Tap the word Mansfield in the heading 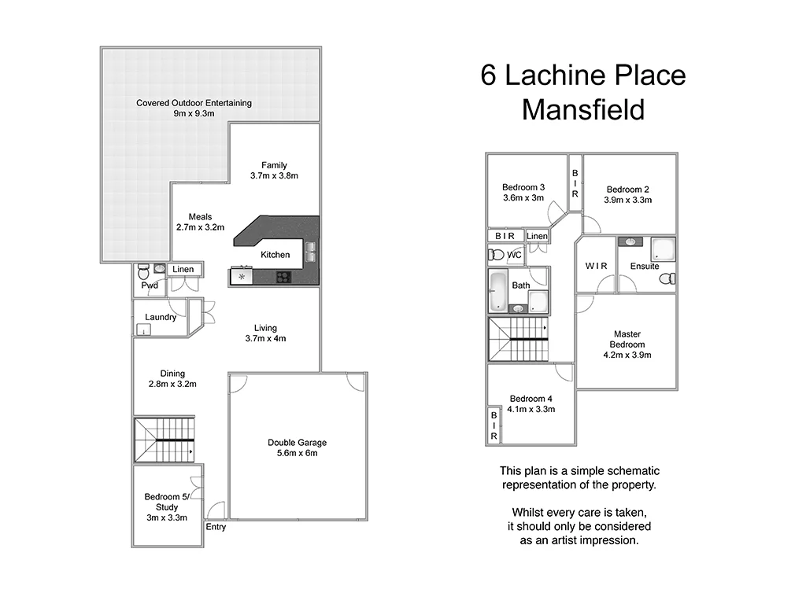coord(582,109)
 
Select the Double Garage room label coord(297,443)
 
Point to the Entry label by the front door coord(216,527)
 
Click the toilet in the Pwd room coord(143,272)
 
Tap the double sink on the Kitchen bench coord(310,252)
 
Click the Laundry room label coord(161,318)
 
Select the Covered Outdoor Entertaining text coord(194,103)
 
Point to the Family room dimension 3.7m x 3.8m coord(274,175)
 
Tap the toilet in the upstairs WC coord(497,255)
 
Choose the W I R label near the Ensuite coord(596,266)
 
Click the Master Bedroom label coord(627,339)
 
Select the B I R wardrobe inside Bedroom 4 coord(494,425)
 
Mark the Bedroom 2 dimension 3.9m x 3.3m coord(627,200)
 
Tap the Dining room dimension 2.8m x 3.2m coord(172,385)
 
